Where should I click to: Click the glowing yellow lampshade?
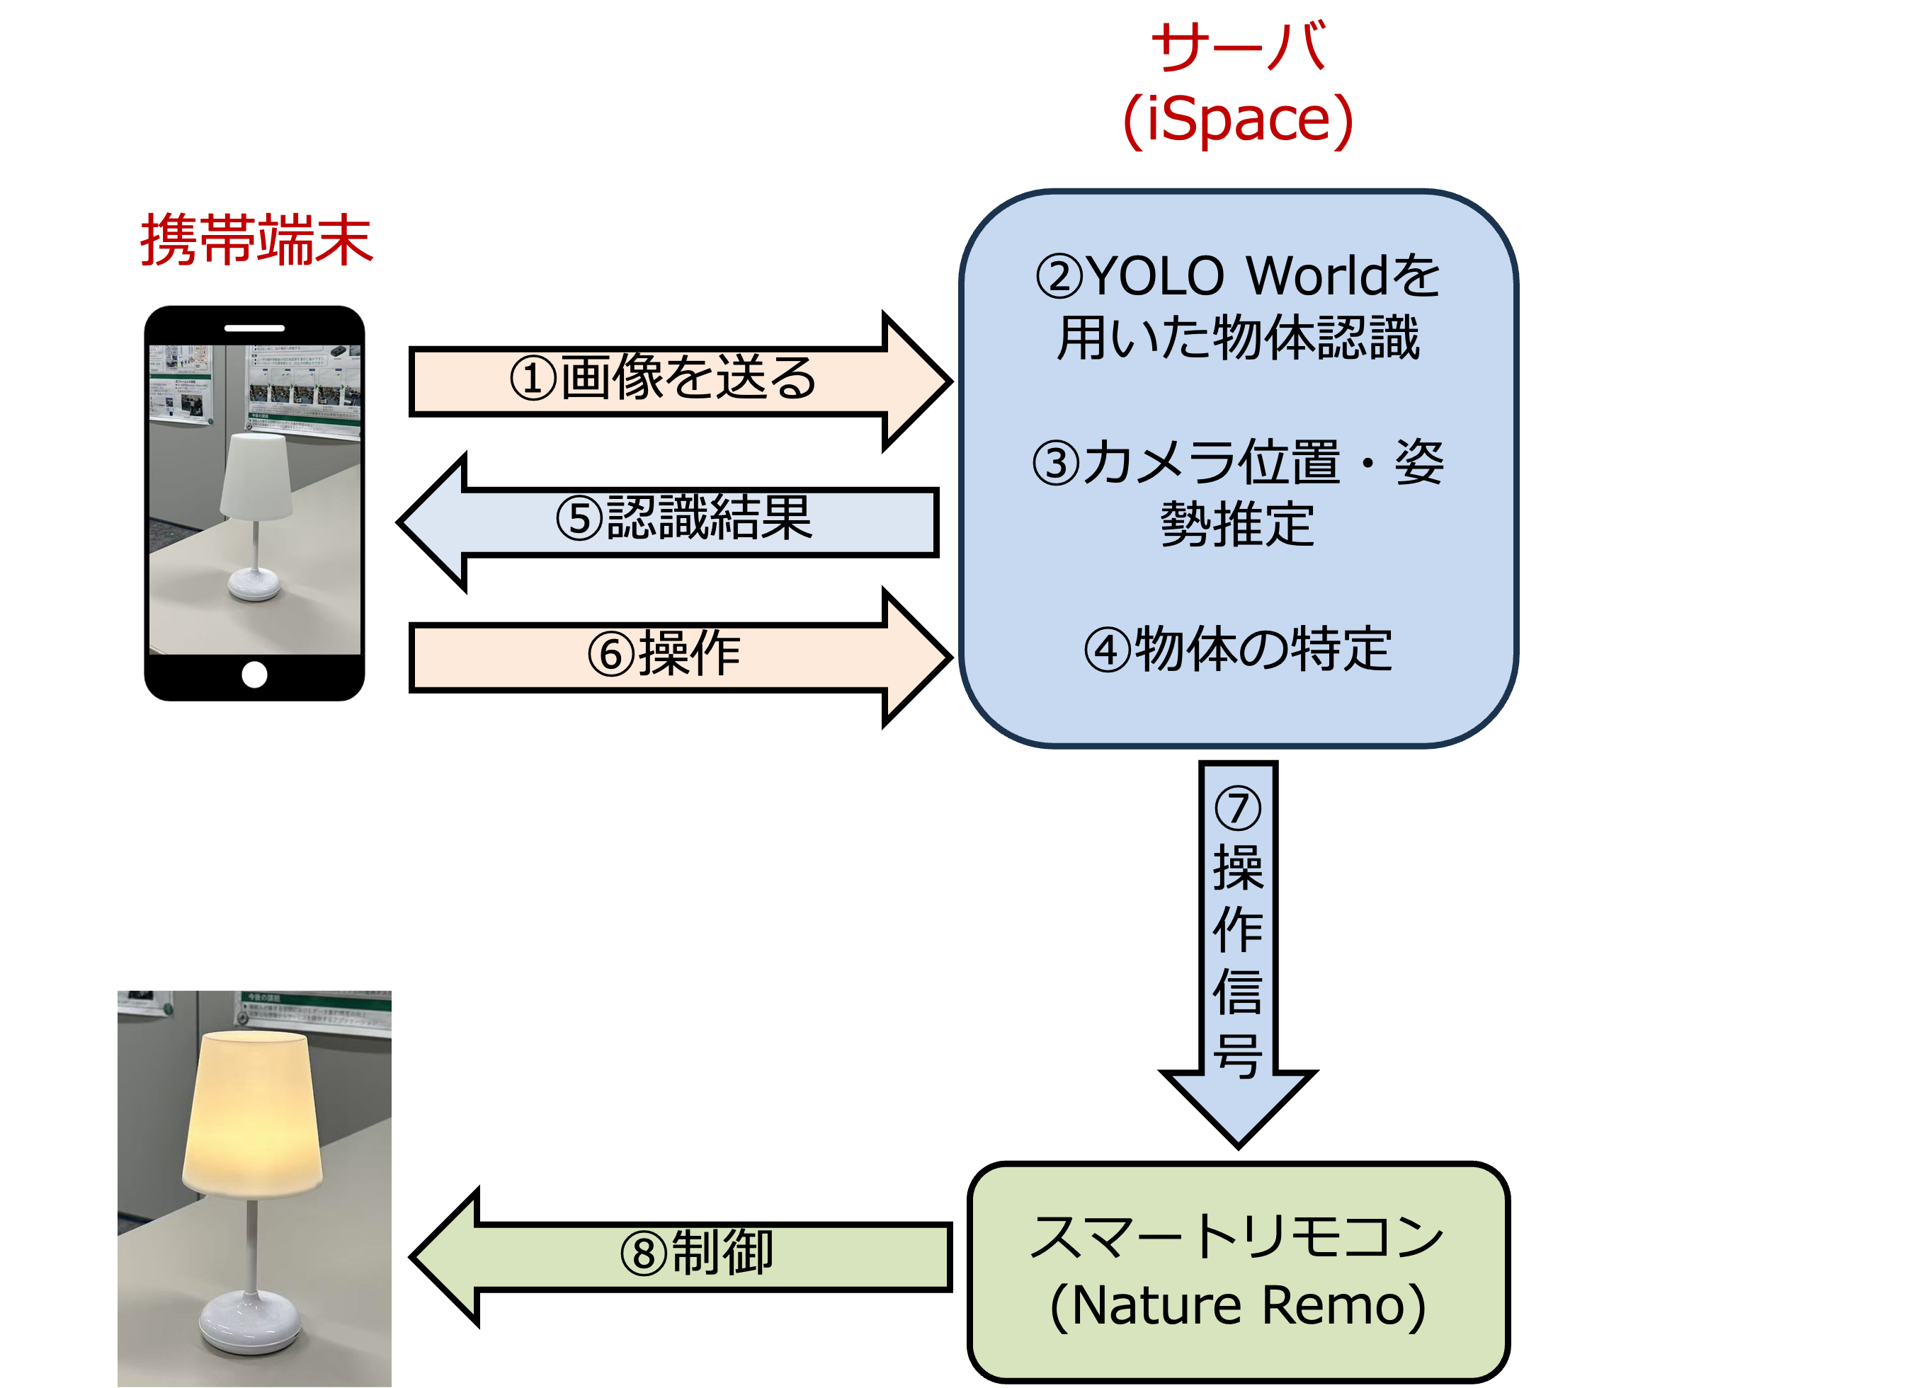(x=252, y=1113)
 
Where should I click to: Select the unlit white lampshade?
(x=256, y=475)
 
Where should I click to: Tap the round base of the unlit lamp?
(x=254, y=583)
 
